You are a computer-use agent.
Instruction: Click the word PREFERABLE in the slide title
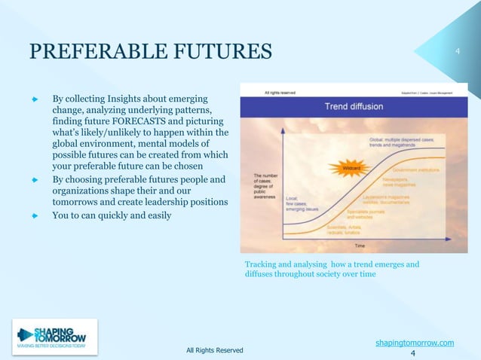point(91,51)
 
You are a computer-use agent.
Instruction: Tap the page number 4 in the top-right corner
point(457,51)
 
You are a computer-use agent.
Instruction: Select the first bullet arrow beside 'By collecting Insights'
point(34,99)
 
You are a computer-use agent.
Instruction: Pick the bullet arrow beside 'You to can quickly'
point(34,215)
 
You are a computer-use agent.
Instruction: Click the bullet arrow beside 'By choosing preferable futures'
point(34,179)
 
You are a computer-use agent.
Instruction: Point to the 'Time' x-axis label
point(361,246)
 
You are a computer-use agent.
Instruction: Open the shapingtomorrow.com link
point(414,343)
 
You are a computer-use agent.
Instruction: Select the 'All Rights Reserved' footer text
point(214,350)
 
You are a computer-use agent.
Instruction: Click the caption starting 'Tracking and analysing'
point(332,269)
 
